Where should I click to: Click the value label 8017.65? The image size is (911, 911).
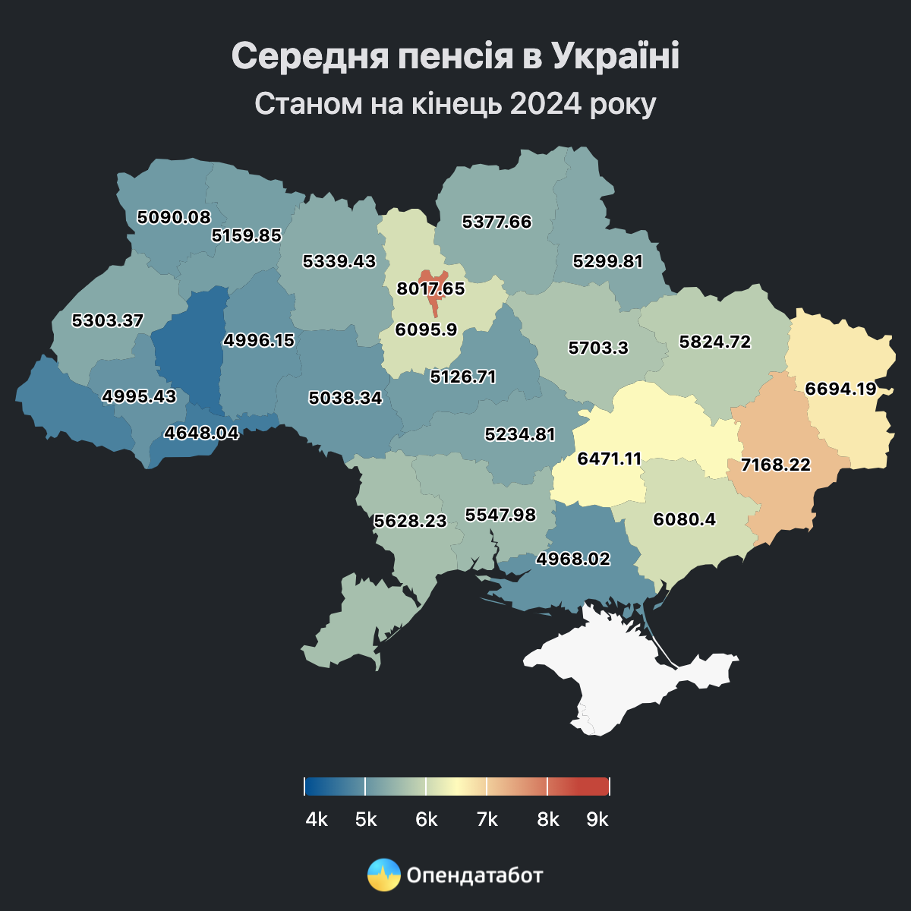(430, 289)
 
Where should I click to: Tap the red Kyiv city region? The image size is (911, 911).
(433, 304)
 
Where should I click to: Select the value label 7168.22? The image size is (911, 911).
(776, 465)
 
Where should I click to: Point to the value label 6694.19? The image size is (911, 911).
(840, 389)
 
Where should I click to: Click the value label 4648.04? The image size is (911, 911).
(202, 433)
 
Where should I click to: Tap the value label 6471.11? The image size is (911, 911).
(610, 459)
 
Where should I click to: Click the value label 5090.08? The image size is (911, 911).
(174, 217)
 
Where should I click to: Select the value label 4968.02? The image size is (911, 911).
(573, 559)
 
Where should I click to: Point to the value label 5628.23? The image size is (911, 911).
(411, 521)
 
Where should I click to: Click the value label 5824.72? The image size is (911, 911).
(715, 342)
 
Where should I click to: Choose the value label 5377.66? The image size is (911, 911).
(497, 222)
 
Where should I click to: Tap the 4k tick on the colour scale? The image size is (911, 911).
(305, 786)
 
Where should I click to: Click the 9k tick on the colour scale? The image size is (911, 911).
(609, 786)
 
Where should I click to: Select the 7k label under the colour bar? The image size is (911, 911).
(487, 820)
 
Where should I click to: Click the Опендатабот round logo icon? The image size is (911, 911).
(383, 875)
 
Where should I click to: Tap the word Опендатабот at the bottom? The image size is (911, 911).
(475, 875)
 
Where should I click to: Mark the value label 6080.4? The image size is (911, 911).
(684, 519)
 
